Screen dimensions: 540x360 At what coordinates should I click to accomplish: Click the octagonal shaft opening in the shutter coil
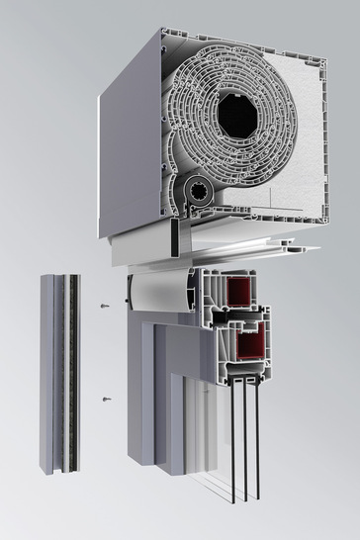coord(237,117)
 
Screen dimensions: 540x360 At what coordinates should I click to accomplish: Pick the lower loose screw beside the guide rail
coord(106,399)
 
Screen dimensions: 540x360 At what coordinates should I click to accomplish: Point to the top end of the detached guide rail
coord(58,278)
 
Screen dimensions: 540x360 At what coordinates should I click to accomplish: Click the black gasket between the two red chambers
coord(247,315)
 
